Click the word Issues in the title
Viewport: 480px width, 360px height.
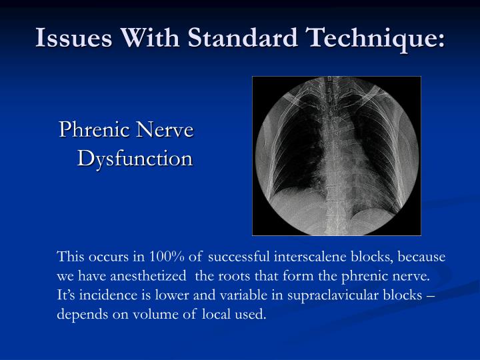[x=70, y=38]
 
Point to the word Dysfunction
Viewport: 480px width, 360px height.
[x=135, y=159]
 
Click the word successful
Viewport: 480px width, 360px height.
[x=239, y=257]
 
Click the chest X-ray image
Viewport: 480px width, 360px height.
[x=337, y=156]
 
